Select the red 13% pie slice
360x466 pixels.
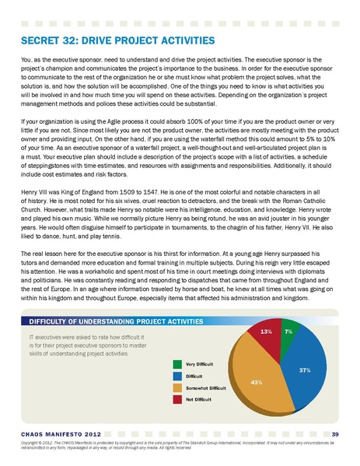coord(267,335)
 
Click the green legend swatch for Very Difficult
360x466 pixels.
coord(177,364)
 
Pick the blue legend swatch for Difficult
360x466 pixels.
coord(177,376)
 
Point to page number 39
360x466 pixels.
coord(335,433)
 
